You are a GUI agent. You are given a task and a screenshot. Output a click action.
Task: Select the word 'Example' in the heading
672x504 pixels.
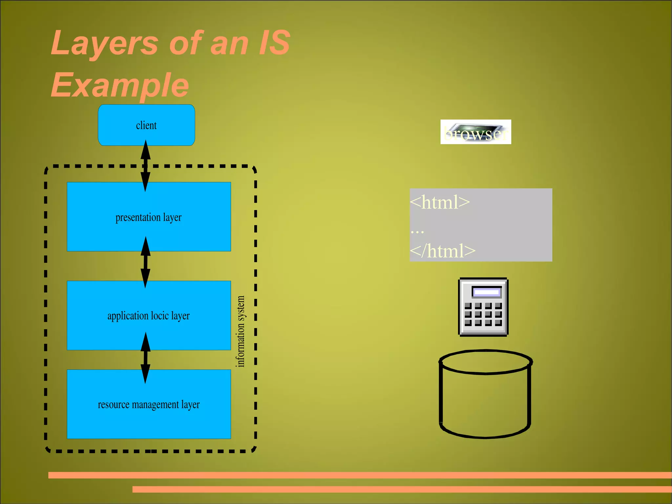120,85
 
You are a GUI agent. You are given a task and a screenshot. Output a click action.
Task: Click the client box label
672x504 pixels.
146,125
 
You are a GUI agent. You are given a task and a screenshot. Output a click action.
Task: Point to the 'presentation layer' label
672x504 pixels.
148,217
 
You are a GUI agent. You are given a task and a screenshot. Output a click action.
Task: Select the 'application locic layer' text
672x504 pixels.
148,316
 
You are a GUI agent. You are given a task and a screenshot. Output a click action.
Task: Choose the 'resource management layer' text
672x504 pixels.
149,405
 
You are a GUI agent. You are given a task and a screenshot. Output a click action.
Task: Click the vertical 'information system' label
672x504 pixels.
241,331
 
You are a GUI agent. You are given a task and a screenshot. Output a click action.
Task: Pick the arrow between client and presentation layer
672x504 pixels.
146,165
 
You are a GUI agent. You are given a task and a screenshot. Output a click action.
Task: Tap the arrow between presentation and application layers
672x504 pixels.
146,262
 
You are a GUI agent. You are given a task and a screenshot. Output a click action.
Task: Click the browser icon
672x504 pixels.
475,132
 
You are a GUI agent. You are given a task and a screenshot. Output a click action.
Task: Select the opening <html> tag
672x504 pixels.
440,202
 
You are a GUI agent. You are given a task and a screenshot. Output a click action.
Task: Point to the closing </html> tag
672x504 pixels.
443,251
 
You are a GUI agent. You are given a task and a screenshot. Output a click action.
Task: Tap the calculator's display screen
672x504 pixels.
487,292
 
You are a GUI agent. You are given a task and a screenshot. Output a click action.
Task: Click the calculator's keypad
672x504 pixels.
483,314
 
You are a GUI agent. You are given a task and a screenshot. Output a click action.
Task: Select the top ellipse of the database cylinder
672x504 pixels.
486,362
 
